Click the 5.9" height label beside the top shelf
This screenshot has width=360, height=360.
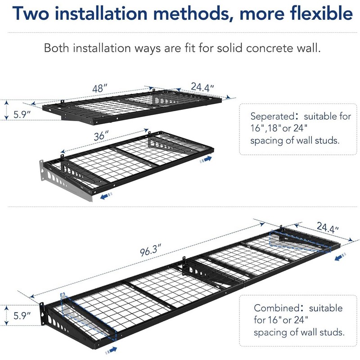21,114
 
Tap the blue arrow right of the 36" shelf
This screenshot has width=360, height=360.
207,159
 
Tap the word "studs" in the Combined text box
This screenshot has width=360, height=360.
333,333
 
